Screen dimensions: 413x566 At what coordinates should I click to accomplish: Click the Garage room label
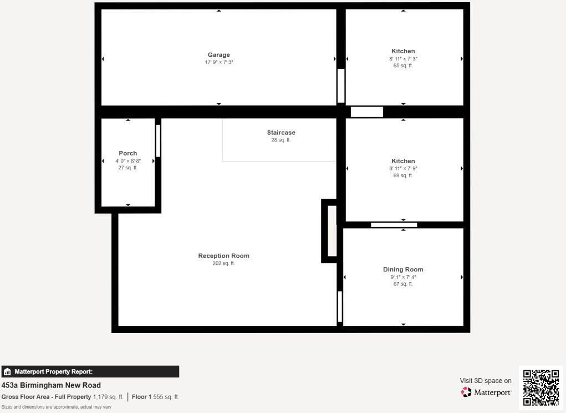click(219, 55)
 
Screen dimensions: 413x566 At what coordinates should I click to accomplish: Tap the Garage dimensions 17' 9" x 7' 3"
click(219, 62)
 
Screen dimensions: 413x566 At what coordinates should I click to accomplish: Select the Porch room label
click(128, 153)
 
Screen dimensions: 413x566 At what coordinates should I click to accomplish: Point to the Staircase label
click(281, 133)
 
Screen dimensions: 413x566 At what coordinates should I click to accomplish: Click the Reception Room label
click(223, 256)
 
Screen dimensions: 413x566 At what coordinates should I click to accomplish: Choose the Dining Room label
click(403, 269)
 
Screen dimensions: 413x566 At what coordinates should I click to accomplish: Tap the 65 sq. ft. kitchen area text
click(403, 66)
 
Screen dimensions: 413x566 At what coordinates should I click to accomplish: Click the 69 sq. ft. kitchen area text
click(403, 175)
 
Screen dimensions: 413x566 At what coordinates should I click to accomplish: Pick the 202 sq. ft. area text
click(223, 263)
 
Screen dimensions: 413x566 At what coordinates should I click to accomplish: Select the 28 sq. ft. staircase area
click(281, 140)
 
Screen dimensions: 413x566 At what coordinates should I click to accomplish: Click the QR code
click(540, 387)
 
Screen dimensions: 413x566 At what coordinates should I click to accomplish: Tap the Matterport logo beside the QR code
click(486, 392)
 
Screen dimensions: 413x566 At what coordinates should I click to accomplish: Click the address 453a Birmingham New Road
click(51, 385)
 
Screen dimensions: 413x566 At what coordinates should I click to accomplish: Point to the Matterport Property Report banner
click(90, 371)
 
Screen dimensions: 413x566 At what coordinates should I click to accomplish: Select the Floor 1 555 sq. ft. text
click(155, 397)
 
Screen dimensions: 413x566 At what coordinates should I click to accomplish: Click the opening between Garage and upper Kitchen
click(341, 86)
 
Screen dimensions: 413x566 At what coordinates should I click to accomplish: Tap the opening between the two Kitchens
click(367, 112)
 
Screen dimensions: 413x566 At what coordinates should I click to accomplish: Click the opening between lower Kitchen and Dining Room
click(394, 225)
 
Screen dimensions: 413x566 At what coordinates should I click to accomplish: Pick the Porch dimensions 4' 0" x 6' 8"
click(128, 161)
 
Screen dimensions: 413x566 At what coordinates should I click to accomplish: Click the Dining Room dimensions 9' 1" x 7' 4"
click(403, 277)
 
